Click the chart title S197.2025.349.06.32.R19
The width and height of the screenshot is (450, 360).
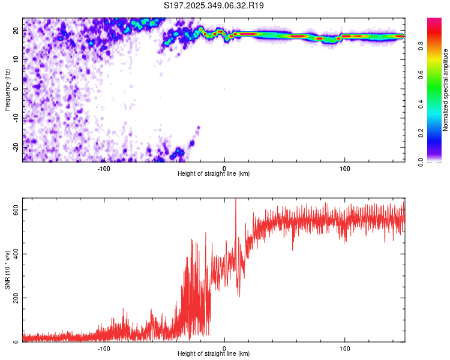[214, 6]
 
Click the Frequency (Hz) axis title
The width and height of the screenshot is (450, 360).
[7, 89]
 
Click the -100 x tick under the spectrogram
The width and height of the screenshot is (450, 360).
[104, 169]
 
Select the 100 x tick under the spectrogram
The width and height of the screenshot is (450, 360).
[345, 169]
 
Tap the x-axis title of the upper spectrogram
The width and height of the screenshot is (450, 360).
[214, 174]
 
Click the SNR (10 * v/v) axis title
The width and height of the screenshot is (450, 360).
[7, 270]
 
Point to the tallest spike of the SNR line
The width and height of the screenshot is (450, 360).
[235, 200]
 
